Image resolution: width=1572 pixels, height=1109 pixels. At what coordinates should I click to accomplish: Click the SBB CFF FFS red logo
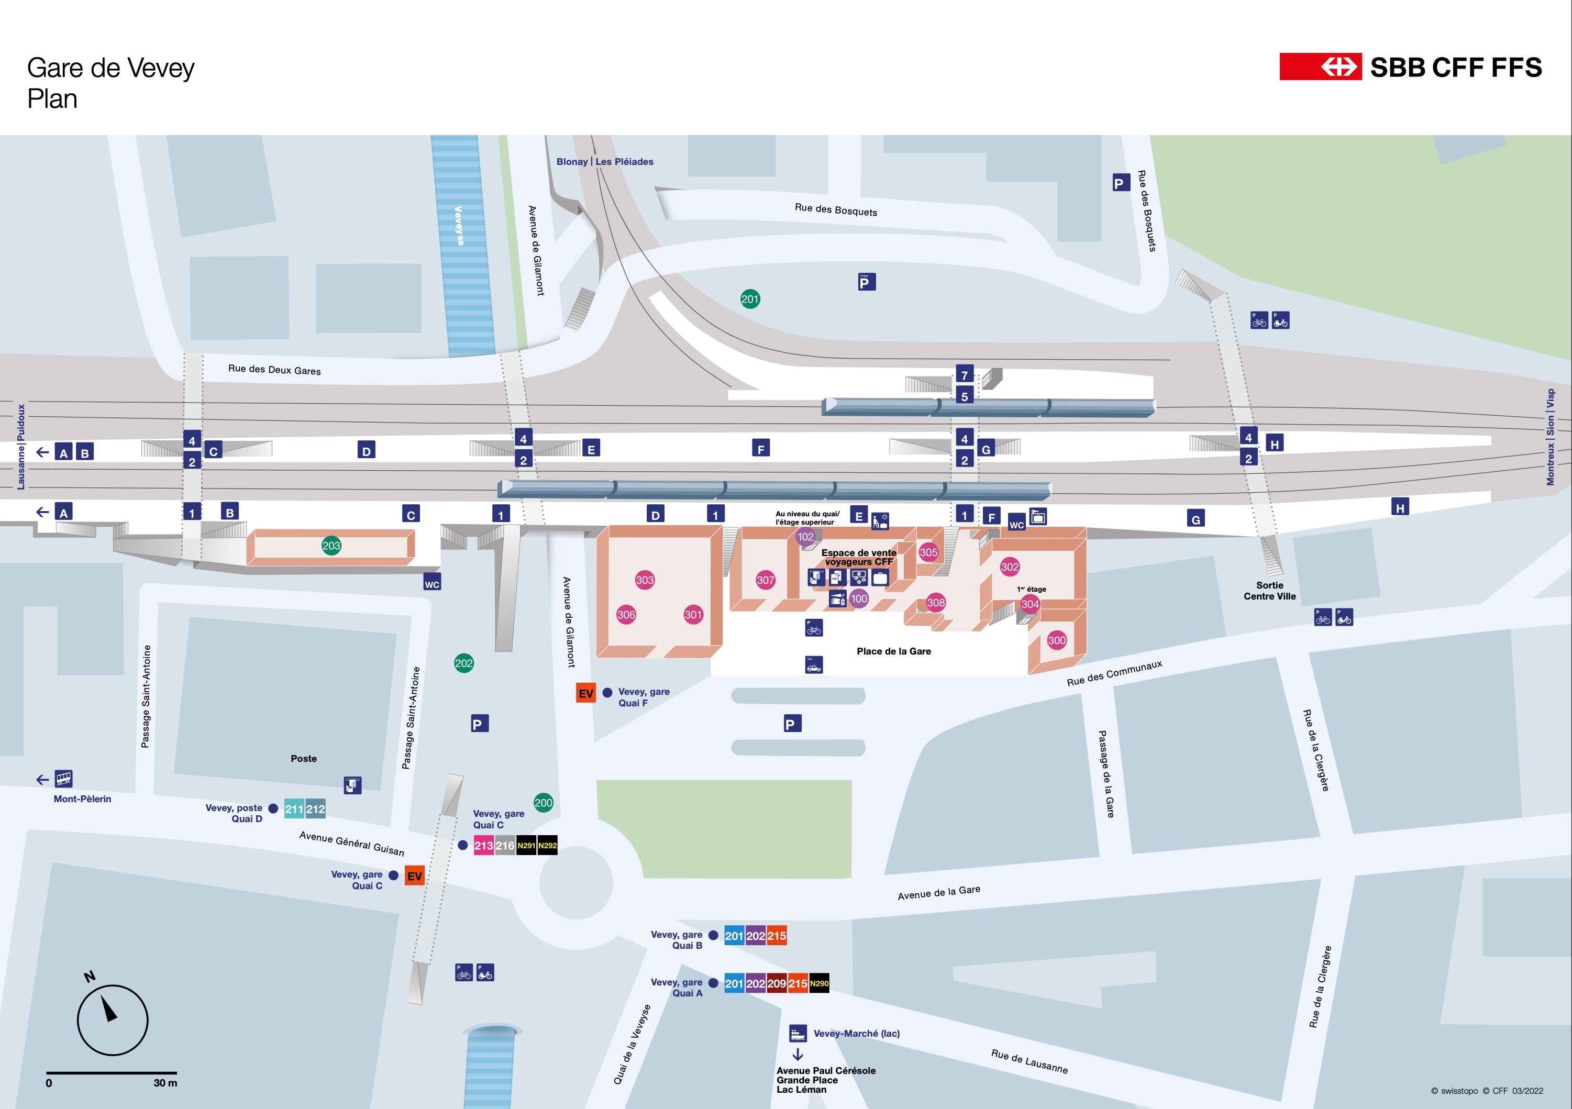(x=1320, y=67)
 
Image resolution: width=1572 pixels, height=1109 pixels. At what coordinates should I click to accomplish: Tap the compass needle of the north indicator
(x=109, y=1009)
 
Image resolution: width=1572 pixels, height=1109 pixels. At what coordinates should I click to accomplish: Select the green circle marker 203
(x=331, y=546)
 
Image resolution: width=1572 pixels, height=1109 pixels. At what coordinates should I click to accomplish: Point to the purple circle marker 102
(x=806, y=537)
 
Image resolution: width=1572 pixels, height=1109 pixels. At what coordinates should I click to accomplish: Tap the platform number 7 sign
(x=964, y=374)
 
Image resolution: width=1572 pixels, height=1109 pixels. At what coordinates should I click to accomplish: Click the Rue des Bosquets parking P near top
(x=1120, y=183)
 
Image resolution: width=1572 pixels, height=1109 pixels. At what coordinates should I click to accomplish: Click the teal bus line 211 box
(x=294, y=809)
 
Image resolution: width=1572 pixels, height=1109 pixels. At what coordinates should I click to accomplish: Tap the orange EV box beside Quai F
(x=585, y=693)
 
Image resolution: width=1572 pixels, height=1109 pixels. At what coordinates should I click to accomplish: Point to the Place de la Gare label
(x=893, y=651)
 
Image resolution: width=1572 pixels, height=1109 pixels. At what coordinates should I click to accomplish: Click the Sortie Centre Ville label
(x=1269, y=591)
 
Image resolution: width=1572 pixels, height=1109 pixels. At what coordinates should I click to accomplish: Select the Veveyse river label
(x=459, y=225)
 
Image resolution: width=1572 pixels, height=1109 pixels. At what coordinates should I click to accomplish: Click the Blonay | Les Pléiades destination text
(x=605, y=162)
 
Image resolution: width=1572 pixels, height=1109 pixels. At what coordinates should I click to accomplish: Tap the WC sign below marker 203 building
(x=432, y=583)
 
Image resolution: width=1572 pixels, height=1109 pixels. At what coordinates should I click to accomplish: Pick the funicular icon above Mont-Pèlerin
(x=64, y=779)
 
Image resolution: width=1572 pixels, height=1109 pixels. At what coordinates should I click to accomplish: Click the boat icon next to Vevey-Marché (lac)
(x=798, y=1033)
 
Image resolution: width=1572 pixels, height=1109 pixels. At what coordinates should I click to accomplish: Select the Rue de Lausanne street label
(x=1029, y=1061)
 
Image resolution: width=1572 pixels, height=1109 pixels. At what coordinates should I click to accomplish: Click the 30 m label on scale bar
(x=165, y=1083)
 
